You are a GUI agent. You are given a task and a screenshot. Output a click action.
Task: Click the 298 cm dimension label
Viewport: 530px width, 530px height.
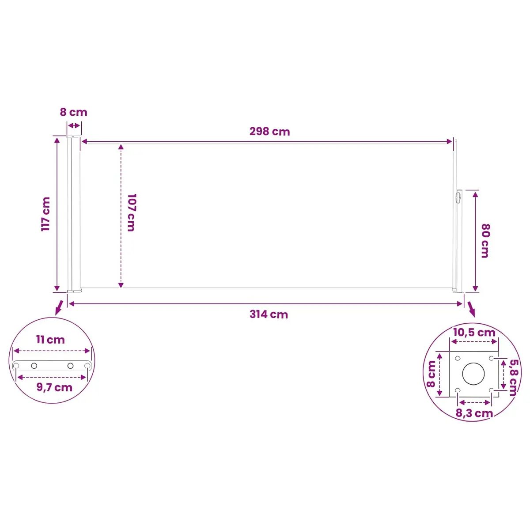point(269,132)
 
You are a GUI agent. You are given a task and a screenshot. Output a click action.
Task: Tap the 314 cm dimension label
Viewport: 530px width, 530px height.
point(269,314)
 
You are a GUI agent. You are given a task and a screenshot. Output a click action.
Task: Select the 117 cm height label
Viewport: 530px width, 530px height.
point(45,214)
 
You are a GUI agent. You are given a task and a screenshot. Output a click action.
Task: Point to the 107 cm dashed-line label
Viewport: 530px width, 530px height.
point(132,212)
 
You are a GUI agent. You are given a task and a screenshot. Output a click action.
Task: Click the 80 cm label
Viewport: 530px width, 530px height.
point(486,241)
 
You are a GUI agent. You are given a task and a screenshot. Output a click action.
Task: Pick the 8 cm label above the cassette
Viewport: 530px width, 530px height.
point(73,112)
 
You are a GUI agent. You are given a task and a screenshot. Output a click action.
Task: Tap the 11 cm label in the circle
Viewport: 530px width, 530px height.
point(50,340)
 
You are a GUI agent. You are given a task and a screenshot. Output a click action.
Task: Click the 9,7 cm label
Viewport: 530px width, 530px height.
point(54,387)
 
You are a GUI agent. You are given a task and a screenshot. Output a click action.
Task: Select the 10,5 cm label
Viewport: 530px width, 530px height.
point(474,333)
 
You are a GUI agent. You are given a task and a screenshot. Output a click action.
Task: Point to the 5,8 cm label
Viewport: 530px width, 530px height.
point(513,377)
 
